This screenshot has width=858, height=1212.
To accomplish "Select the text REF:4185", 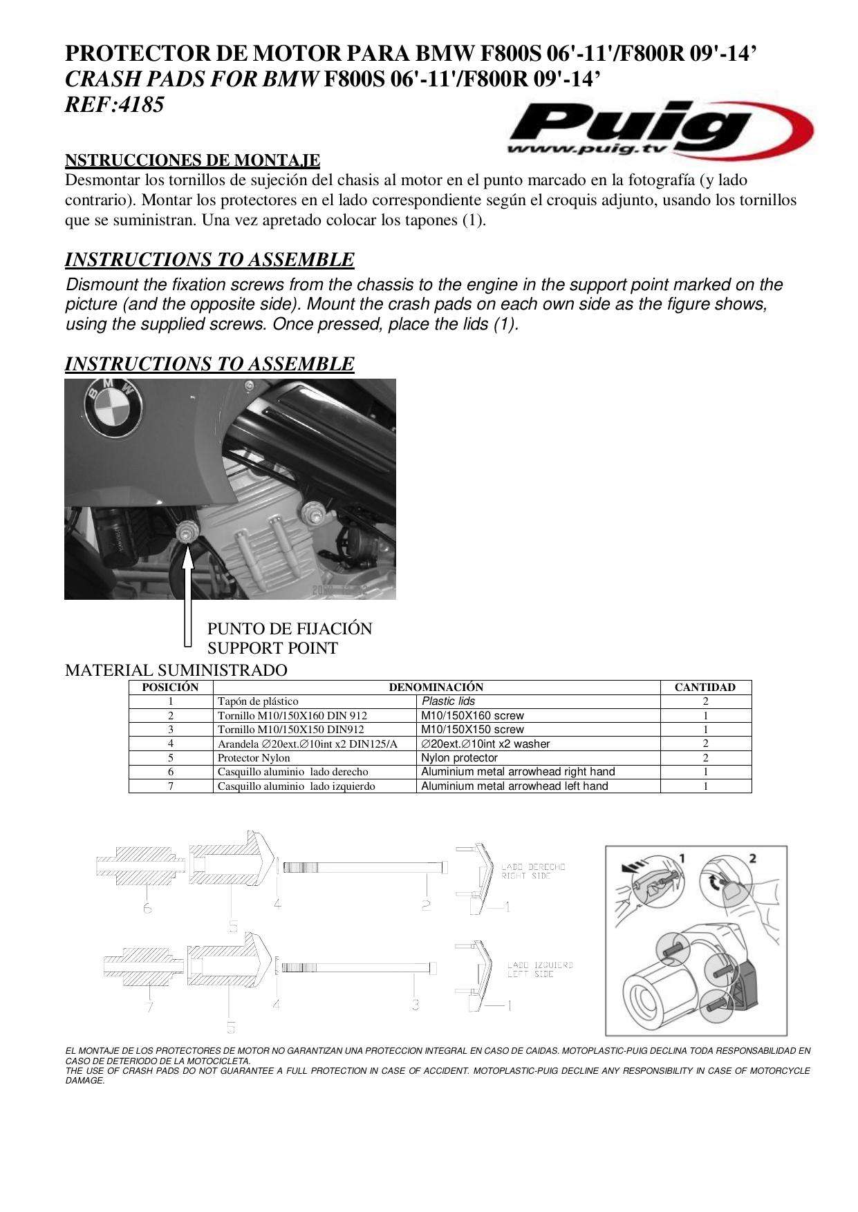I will coord(115,105).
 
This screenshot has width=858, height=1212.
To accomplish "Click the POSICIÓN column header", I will coord(170,687).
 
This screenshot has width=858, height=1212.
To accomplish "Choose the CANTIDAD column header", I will coord(705,687).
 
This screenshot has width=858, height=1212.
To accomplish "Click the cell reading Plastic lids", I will coord(448,701).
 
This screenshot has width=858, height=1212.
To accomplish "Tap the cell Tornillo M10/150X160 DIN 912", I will coord(292,716).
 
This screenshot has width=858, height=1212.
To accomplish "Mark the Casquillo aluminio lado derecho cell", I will coord(292,772).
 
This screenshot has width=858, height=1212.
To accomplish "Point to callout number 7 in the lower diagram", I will coord(149,1007).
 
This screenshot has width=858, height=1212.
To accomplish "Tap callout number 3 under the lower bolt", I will coord(416,1004).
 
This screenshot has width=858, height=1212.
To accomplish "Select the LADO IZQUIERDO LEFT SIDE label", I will coord(540,969).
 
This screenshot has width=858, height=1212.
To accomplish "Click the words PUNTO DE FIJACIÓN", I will coord(290,629).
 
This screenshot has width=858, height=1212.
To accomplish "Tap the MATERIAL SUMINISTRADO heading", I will coord(176,670).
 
